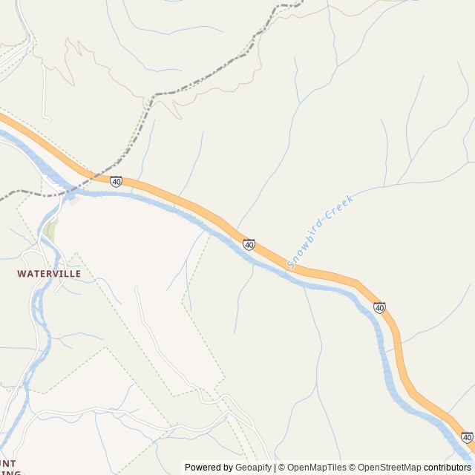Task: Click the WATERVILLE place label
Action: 49,273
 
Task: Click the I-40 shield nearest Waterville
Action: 117,181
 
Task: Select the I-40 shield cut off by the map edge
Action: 467,438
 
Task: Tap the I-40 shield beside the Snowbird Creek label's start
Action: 249,244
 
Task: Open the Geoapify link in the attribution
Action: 253,468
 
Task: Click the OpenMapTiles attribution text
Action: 316,468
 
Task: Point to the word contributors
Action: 448,468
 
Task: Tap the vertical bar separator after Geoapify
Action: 275,468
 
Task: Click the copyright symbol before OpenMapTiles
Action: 282,468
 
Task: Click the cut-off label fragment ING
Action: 9,472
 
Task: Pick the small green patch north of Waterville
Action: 50,229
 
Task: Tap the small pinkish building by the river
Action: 72,197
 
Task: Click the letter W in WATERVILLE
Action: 21,273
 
